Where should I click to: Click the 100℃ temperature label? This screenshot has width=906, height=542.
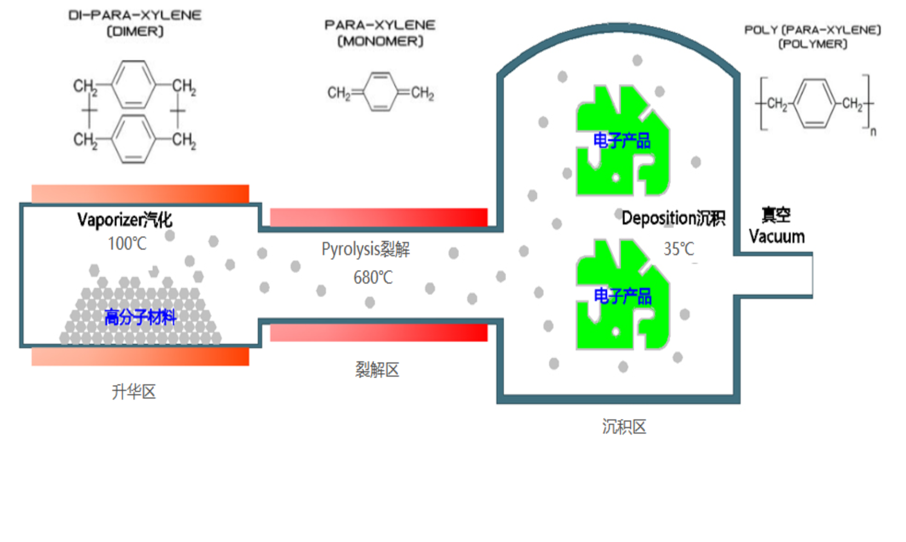pos(127,244)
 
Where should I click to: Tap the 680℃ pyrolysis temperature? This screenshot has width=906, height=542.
pos(373,278)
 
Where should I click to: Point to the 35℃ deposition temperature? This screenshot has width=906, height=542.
pos(679,249)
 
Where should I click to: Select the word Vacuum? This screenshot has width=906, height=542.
pos(777,237)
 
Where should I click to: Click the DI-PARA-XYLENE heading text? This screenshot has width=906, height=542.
pos(135,15)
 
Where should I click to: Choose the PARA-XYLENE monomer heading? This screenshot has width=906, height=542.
pos(380,25)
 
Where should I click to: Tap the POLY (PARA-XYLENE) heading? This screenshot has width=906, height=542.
pos(812,30)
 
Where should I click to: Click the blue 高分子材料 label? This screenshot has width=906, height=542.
pos(140,317)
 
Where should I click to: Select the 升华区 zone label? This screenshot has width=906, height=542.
pos(134,391)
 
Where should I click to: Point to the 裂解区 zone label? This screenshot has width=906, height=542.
pos(377,370)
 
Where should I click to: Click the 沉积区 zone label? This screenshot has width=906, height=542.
pos(624,426)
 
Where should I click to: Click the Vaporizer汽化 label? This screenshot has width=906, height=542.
pos(124,220)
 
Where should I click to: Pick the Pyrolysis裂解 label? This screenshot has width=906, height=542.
pos(365,249)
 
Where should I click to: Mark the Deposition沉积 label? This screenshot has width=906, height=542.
pos(673,218)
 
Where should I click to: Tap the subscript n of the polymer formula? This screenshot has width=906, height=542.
pos(873,132)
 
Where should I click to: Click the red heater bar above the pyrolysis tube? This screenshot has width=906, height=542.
pos(379,217)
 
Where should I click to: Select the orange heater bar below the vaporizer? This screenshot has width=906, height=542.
pos(140,356)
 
